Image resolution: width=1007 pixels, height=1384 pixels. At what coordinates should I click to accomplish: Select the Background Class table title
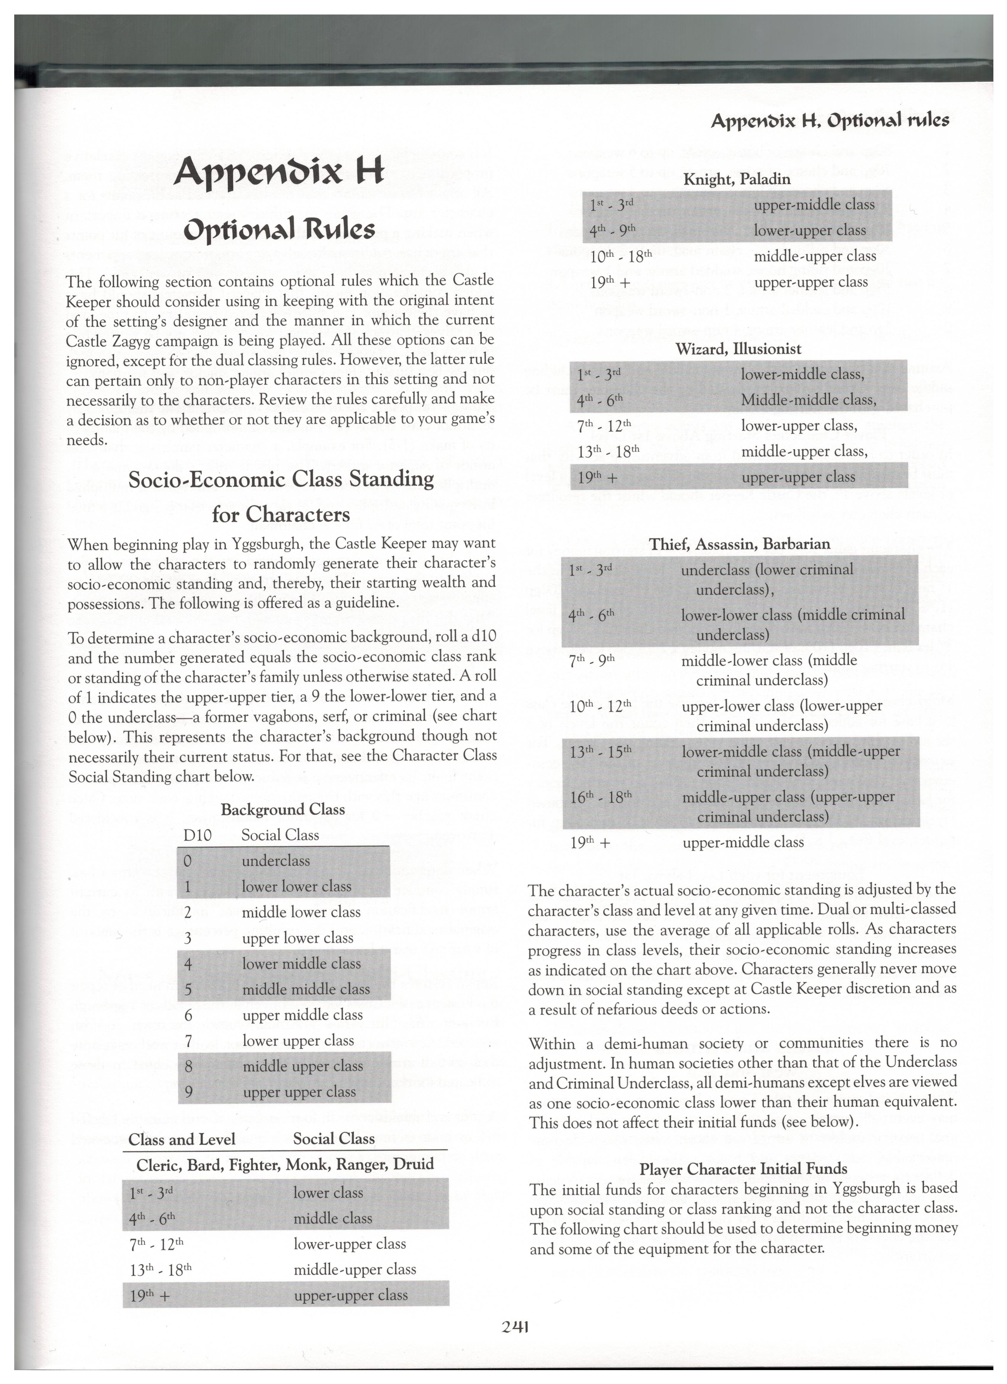(283, 809)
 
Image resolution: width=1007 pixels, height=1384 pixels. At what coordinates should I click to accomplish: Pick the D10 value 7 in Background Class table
(188, 1040)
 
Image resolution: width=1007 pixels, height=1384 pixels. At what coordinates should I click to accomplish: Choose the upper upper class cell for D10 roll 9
(299, 1092)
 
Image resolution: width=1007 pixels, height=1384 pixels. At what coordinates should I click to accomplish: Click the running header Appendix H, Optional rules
(829, 120)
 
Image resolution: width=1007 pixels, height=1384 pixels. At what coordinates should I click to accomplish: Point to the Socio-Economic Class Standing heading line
(281, 478)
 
